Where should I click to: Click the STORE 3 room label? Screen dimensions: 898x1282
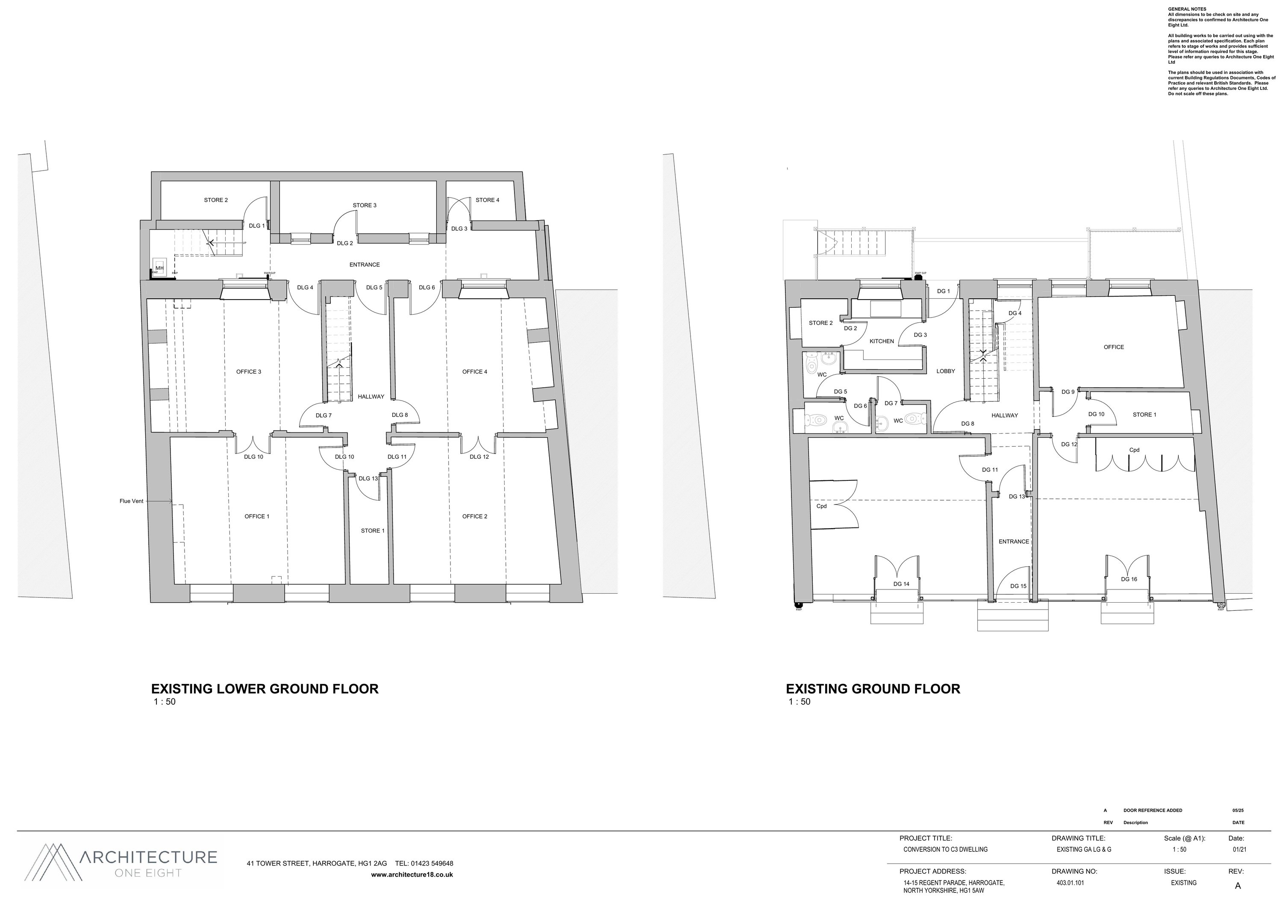[x=365, y=206]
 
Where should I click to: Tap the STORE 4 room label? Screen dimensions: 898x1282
[x=488, y=200]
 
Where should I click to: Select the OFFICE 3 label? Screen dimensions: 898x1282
[x=248, y=372]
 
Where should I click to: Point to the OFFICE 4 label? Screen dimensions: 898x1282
[x=475, y=372]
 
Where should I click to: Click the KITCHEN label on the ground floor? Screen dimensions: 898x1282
[x=882, y=341]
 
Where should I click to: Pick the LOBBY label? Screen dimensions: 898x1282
[x=946, y=371]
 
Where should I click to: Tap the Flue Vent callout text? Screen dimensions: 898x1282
[x=131, y=501]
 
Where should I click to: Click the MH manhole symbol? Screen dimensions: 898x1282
[x=160, y=268]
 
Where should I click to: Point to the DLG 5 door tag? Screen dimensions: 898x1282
[x=374, y=288]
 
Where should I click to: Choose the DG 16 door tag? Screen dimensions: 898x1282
[x=1129, y=579]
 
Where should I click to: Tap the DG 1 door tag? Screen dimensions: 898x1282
[x=943, y=291]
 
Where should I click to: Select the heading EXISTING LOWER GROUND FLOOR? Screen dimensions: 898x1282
[x=265, y=689]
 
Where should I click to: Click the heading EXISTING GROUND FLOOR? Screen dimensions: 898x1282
[x=873, y=689]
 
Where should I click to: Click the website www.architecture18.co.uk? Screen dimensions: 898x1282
[x=412, y=874]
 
